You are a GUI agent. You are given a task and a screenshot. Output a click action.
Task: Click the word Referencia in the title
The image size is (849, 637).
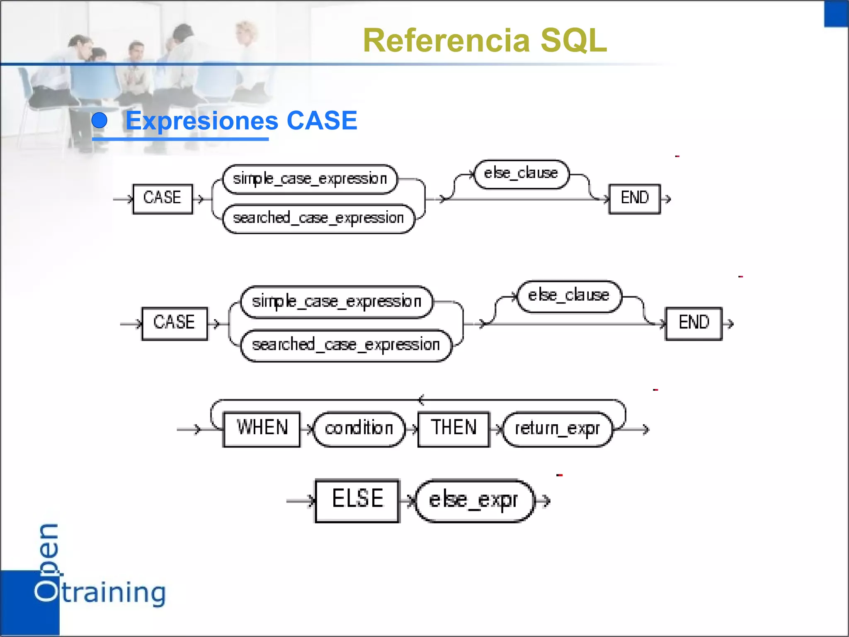pos(446,41)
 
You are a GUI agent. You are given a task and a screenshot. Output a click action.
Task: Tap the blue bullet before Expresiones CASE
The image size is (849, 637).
pos(99,121)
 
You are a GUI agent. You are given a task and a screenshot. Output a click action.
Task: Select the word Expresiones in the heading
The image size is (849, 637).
pos(202,121)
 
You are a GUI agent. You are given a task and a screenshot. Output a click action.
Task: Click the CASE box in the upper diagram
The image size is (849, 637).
pos(163,199)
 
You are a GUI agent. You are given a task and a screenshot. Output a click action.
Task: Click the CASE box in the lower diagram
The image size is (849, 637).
pos(175,323)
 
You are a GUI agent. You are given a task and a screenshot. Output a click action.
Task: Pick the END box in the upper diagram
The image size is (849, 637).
pos(634,199)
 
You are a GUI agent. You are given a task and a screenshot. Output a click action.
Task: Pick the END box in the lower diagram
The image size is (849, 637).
pos(694,323)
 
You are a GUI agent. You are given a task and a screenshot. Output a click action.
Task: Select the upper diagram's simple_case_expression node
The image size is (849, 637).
pos(310,179)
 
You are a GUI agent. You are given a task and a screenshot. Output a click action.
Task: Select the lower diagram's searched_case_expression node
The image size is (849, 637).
pos(346,345)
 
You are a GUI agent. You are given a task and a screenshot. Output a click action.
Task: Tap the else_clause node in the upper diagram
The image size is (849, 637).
pos(521,174)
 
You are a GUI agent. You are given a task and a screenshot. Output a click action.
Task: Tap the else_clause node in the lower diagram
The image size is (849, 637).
pos(569,296)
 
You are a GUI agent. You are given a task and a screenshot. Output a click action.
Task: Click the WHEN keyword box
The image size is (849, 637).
pos(262,429)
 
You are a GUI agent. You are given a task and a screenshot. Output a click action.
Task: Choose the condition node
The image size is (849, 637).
pos(359,429)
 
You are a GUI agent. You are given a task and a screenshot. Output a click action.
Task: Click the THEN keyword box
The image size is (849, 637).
pos(454,429)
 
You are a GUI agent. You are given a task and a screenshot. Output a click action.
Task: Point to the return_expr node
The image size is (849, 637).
pos(557,429)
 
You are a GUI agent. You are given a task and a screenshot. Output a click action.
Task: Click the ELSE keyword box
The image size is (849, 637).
pos(357,500)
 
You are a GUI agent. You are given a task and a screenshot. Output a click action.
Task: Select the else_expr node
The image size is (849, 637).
pos(473,501)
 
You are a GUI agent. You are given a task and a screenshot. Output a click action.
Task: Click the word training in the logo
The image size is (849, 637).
pos(114,593)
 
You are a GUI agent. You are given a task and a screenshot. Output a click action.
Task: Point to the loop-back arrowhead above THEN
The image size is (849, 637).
pos(421,400)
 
